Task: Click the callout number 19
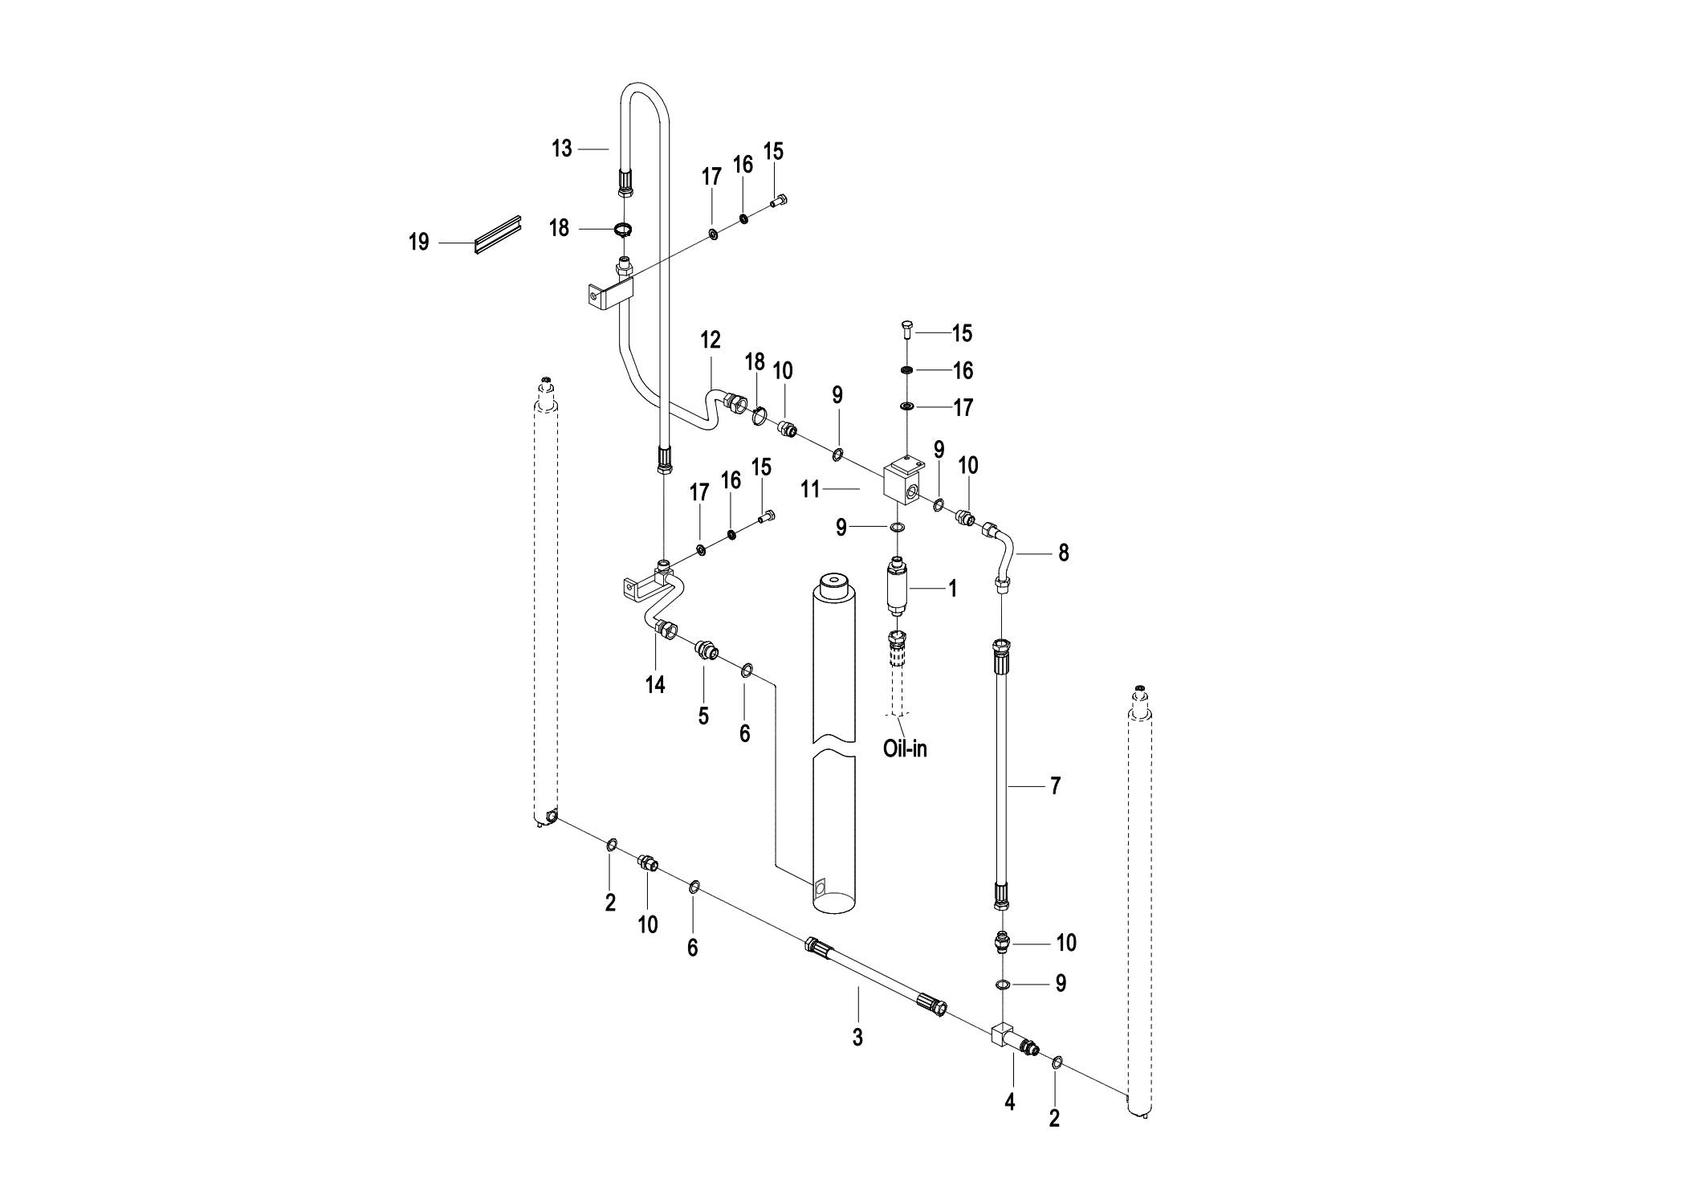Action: click(x=418, y=242)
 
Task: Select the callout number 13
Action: click(x=562, y=149)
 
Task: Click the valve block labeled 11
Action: click(x=903, y=481)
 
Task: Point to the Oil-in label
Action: click(x=905, y=749)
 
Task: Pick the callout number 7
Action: click(x=1056, y=785)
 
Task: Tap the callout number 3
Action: click(x=857, y=1037)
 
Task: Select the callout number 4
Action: click(x=1010, y=1103)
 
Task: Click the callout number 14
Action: click(x=656, y=685)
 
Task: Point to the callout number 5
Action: click(x=703, y=716)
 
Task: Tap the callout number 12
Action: click(x=711, y=340)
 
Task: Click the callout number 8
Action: click(x=1064, y=553)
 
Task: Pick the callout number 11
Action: click(x=810, y=489)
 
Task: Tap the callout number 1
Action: click(x=953, y=589)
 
